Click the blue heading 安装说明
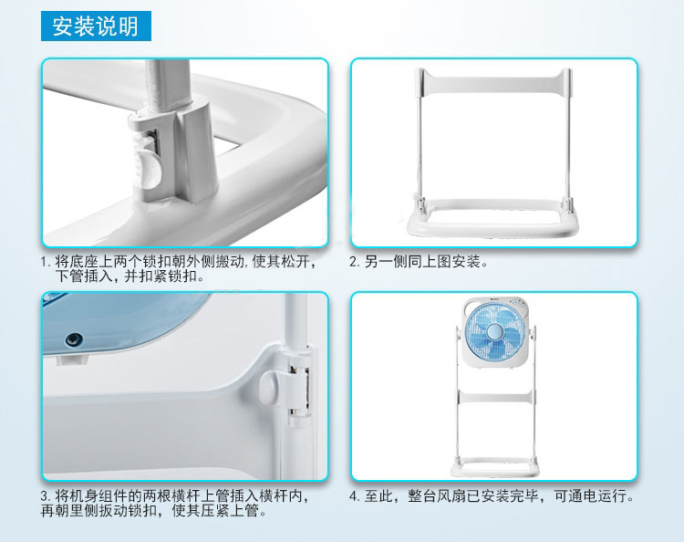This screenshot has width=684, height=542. point(96,26)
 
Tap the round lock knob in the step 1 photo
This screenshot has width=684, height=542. point(149,169)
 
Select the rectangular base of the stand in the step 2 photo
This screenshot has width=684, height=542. point(494,218)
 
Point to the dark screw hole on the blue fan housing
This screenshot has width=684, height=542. point(74,339)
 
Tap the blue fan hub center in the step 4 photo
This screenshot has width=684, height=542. point(494,331)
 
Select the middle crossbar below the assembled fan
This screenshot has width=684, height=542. point(495,397)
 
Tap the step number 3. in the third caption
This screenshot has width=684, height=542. point(46,496)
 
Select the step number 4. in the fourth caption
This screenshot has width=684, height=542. point(355,496)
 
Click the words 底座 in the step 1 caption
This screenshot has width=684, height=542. point(84,262)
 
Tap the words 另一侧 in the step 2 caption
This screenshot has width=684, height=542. point(386,262)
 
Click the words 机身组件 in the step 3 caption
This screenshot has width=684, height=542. point(99,496)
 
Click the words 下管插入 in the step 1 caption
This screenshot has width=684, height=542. point(84,276)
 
